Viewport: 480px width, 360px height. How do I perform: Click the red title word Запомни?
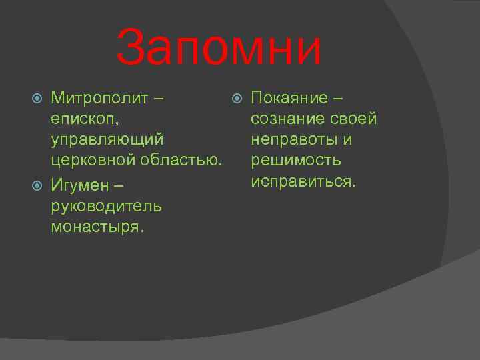point(219,49)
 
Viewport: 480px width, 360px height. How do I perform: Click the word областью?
point(180,161)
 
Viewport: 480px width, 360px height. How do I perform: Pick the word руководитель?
point(106,205)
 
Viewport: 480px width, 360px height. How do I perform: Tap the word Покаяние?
point(289,99)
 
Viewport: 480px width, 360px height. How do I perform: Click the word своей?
point(353,119)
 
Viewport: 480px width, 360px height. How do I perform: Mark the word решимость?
point(296,161)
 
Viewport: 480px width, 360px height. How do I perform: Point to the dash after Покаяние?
point(339,99)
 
